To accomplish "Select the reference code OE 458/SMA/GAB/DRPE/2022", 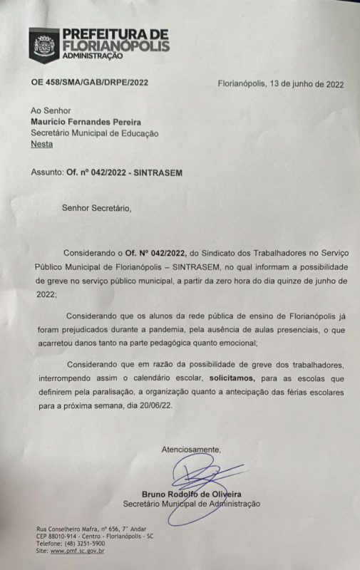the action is click(x=89, y=83).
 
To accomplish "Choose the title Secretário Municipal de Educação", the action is click(x=94, y=133).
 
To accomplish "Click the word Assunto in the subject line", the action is click(x=47, y=172).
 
